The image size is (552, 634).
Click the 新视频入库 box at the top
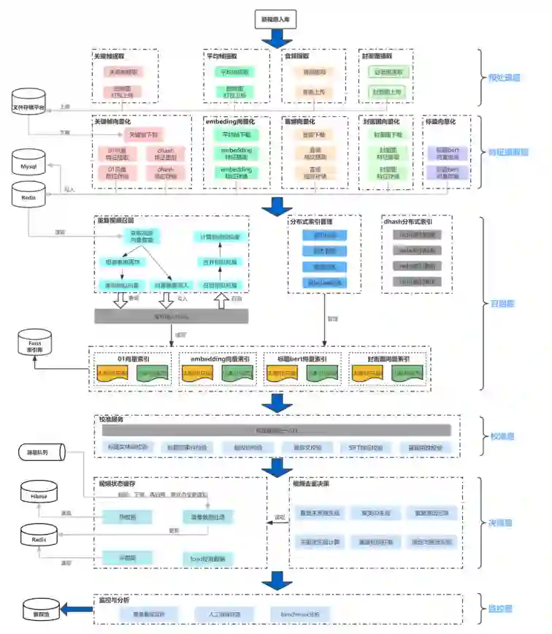pos(275,19)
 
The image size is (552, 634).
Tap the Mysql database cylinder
pos(28,165)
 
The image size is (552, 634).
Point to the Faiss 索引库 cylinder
pos(35,345)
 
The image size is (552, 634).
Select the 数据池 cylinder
pos(37,611)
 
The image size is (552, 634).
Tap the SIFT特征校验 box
pos(364,447)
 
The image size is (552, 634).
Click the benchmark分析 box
pos(299,614)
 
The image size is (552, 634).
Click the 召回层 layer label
pos(502,303)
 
